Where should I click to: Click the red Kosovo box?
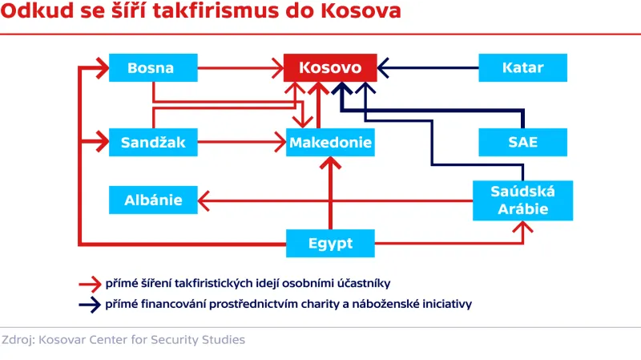click(329, 68)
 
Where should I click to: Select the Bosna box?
click(151, 68)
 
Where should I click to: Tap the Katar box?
click(522, 68)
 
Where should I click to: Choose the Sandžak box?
click(153, 144)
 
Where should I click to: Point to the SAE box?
click(522, 143)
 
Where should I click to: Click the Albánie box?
click(153, 200)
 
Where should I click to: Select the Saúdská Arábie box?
click(522, 199)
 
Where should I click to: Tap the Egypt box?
click(330, 243)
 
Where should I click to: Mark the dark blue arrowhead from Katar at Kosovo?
click(384, 68)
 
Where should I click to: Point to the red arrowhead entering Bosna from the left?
click(102, 68)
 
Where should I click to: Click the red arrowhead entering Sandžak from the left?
click(102, 144)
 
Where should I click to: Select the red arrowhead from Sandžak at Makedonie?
click(281, 144)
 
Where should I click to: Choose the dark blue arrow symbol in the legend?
click(87, 304)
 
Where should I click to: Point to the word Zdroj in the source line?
click(18, 339)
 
